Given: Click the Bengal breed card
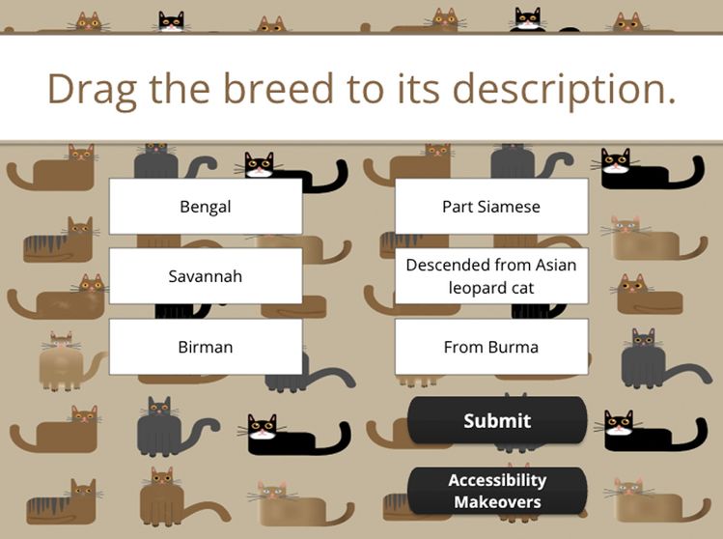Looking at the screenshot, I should click(205, 207).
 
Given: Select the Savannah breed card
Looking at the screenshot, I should click(205, 276).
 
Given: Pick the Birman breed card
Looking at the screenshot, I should click(205, 347).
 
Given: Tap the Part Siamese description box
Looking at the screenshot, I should click(491, 207).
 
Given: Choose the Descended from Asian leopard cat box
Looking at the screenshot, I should click(491, 276).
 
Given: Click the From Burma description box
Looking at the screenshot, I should click(491, 347).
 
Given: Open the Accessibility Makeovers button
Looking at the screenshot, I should click(497, 491).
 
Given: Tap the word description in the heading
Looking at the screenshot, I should click(564, 89).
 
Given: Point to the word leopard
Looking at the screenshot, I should click(477, 288).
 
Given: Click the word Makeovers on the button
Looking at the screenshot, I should click(497, 502).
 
